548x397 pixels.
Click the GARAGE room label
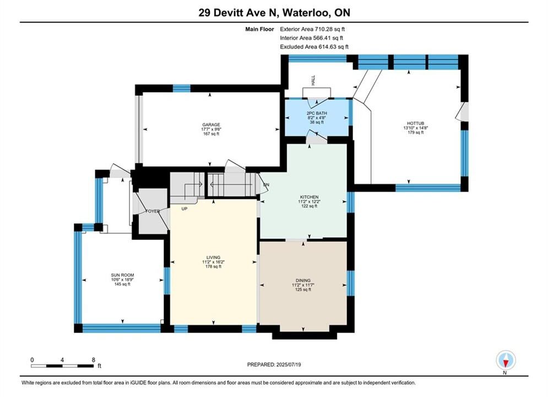[x=211, y=125]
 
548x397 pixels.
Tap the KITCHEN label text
[x=310, y=197]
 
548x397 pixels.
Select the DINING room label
[x=303, y=280]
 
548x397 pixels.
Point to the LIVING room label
[x=213, y=257]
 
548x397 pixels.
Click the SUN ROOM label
[x=122, y=275]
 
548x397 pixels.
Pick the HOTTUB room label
[x=415, y=124]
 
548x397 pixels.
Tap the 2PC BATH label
[x=317, y=114]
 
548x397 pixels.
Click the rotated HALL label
[x=313, y=80]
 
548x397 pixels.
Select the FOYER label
[x=153, y=211]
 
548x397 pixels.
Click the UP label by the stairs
[x=184, y=209]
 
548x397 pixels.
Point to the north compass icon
[x=506, y=360]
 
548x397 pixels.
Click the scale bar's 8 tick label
[x=93, y=360]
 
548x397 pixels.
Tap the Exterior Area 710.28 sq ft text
[x=312, y=29]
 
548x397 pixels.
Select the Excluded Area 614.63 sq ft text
[x=314, y=46]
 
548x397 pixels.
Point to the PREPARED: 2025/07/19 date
[x=274, y=364]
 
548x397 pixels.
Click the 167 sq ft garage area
[x=211, y=133]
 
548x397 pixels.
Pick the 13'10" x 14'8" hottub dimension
[x=415, y=128]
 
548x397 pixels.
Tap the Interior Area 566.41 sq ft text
[x=311, y=38]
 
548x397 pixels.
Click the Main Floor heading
[x=259, y=29]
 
